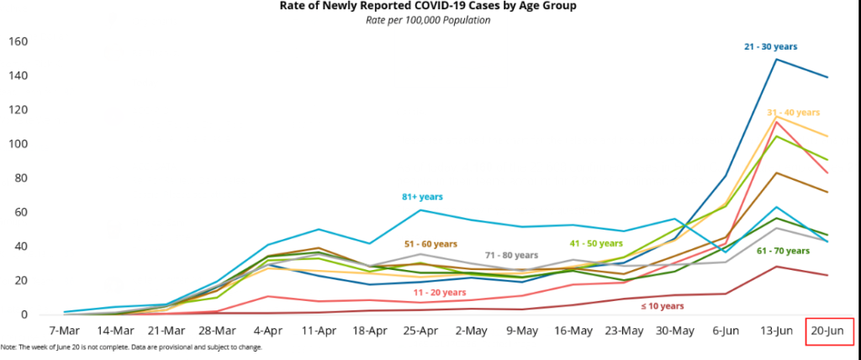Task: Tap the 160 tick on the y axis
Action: click(18, 42)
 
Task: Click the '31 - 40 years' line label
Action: click(793, 112)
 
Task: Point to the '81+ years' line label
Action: click(422, 197)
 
